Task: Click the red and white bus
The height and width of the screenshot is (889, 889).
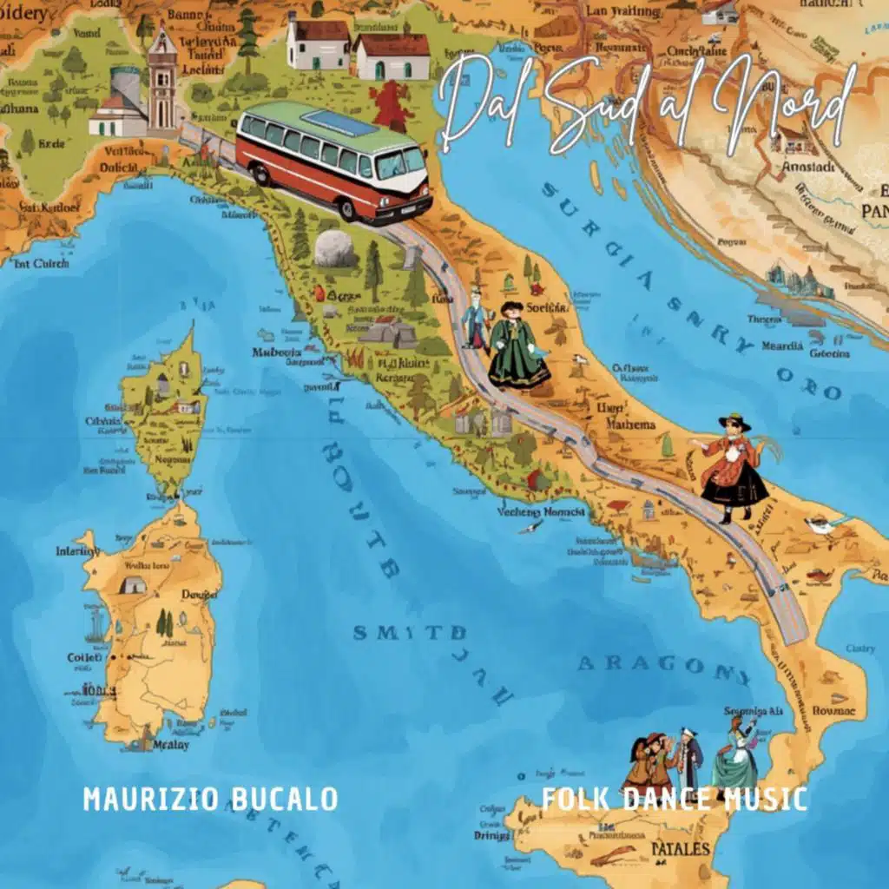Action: point(334,161)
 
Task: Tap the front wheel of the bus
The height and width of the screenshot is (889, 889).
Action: point(347,209)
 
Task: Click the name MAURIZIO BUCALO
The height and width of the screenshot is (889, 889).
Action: point(210,799)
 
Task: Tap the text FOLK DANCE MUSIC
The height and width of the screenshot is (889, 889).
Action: point(674,799)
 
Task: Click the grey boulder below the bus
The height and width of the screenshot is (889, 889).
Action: point(334,248)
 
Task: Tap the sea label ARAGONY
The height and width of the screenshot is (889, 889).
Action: point(664,666)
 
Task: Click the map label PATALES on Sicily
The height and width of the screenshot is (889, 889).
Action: point(681,848)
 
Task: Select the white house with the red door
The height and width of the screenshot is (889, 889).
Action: point(392,56)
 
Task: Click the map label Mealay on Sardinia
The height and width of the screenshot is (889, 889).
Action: point(170,744)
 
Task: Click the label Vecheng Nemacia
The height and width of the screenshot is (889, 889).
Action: point(541,512)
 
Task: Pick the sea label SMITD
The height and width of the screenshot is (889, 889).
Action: point(396,631)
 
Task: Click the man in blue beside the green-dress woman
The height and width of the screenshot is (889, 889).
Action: point(475,321)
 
